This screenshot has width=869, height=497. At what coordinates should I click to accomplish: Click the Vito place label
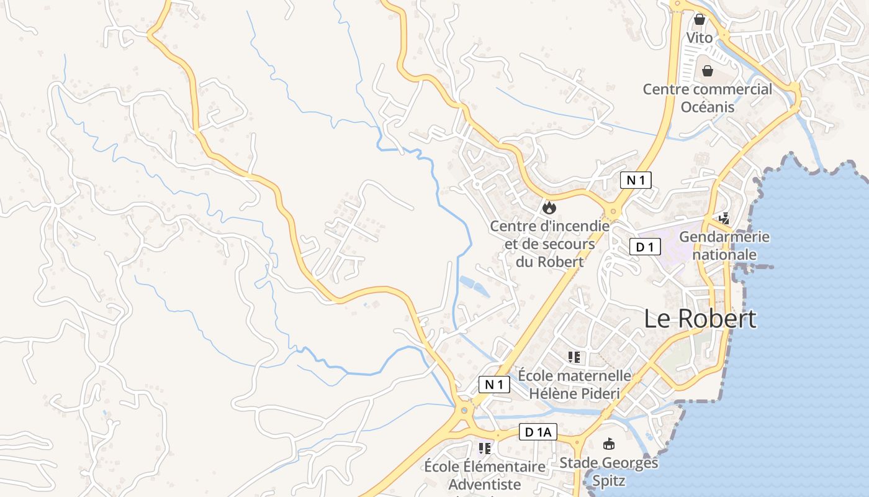coord(700,38)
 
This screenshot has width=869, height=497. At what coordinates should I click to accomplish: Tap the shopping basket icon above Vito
coord(700,19)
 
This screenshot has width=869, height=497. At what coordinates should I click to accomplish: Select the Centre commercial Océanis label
coord(708,98)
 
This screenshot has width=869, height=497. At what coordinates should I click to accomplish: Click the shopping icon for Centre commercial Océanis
coord(708,70)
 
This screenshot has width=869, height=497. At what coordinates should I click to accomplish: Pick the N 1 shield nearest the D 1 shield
coord(636,180)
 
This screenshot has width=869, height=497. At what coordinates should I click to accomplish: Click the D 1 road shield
coord(645,247)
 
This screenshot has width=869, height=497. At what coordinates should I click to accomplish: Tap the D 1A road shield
coord(538,432)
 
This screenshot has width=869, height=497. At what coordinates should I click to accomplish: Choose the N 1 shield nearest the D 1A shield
coord(494,385)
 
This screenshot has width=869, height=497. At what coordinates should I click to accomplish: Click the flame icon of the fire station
coord(549,207)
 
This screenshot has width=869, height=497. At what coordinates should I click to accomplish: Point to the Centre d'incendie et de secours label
coord(550,244)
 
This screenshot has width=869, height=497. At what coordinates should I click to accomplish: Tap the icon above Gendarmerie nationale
coord(724,218)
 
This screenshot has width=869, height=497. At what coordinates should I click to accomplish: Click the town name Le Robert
coord(700,318)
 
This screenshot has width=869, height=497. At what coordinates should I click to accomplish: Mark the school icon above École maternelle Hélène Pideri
coord(574,357)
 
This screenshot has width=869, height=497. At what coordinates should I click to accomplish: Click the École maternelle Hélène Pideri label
coord(574,385)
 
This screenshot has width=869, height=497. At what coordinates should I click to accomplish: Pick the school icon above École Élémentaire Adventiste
coord(485,447)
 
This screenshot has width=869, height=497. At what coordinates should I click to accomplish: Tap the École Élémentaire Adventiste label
coord(485,475)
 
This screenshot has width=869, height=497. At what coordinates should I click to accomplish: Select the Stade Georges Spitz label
coord(608,472)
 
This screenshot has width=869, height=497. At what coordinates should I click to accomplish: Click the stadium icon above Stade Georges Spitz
coord(609,444)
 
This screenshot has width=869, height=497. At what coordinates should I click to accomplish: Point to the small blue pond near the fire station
coord(473,286)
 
